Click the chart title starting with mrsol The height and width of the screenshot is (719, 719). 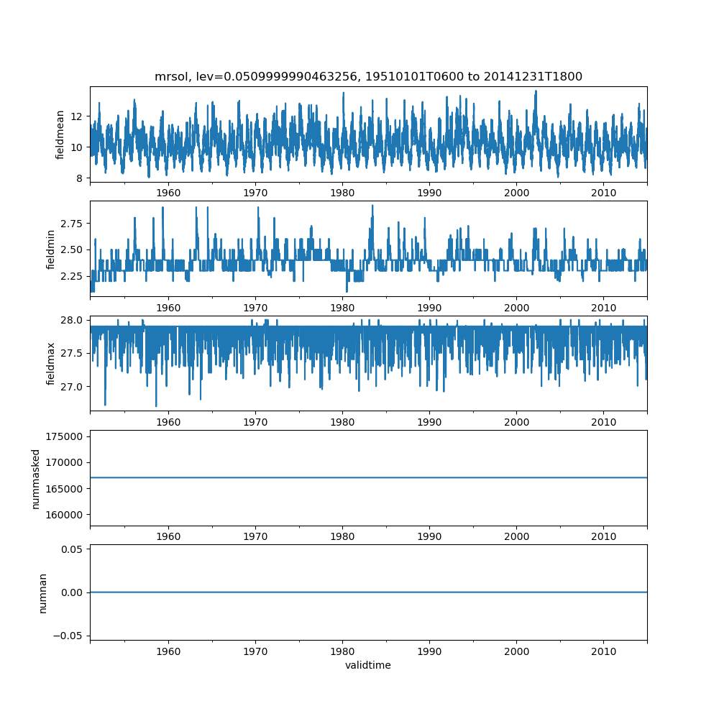[x=368, y=76]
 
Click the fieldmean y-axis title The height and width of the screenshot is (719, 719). [x=60, y=134]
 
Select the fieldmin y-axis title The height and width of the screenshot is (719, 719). [x=51, y=248]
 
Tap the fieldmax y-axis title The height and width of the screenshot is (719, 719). [x=51, y=363]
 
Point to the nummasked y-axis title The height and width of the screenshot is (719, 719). [x=36, y=478]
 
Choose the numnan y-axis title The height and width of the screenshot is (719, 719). [x=42, y=592]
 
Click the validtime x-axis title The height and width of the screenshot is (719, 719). [x=368, y=665]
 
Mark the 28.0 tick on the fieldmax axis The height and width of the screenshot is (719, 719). [x=72, y=320]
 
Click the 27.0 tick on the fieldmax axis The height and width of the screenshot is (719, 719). [x=72, y=387]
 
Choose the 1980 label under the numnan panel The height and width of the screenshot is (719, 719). [x=342, y=651]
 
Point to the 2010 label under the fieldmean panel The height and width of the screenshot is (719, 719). [x=604, y=193]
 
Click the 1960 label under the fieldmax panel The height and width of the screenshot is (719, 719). [x=168, y=422]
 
